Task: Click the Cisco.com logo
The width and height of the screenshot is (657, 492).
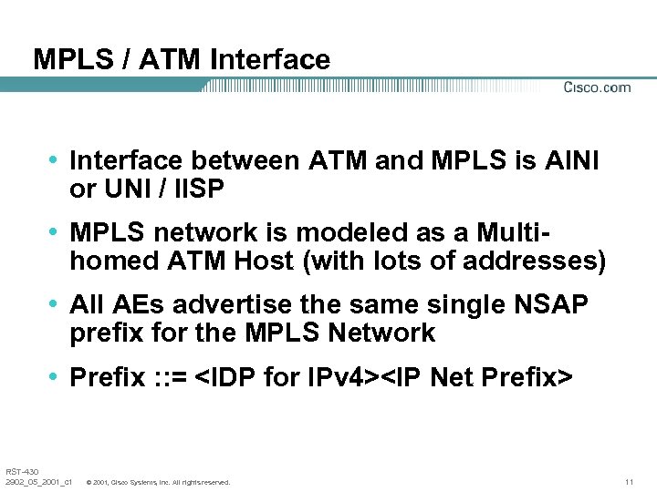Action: click(597, 87)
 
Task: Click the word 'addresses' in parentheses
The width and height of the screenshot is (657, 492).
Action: click(534, 261)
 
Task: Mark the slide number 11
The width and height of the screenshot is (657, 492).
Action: click(629, 481)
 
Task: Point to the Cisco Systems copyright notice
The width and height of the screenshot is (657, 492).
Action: click(157, 481)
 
